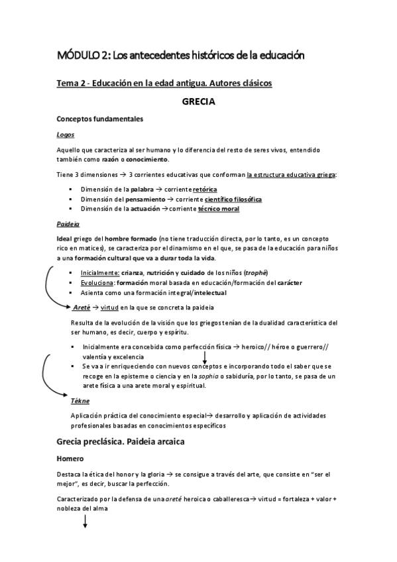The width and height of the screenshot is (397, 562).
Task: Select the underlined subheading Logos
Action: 65,135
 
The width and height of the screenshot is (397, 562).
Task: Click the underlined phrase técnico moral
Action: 219,209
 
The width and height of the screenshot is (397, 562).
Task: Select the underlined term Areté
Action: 82,307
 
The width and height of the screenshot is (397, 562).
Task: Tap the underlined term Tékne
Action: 80,401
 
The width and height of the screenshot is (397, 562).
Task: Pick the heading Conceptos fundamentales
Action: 99,119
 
